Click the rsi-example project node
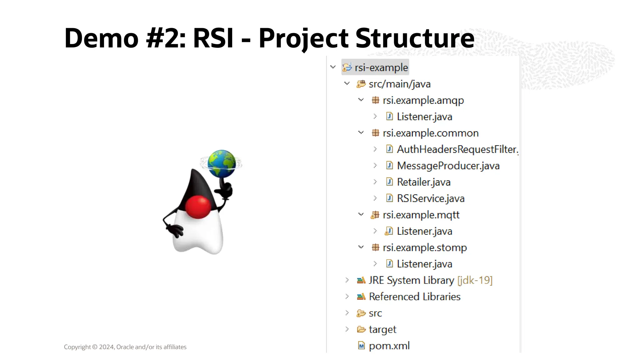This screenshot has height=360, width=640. click(x=381, y=67)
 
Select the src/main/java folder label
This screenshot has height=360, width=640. click(x=399, y=84)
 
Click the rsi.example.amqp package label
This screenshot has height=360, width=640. click(x=423, y=100)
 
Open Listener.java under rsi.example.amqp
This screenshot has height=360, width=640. click(x=424, y=117)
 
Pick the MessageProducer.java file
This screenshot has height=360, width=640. click(x=448, y=166)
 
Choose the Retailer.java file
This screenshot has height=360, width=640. click(x=423, y=182)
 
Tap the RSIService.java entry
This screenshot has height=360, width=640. click(x=430, y=199)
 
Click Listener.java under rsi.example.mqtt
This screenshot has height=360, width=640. click(x=424, y=231)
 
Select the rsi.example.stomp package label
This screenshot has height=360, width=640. click(x=424, y=248)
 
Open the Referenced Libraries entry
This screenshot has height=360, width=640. click(x=414, y=297)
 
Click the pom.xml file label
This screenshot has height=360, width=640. click(x=389, y=346)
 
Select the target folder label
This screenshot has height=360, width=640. click(x=382, y=329)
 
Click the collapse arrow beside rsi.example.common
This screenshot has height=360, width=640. click(x=361, y=133)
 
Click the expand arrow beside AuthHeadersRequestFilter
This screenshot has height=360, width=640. click(x=375, y=149)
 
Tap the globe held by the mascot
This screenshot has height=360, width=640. click(x=222, y=163)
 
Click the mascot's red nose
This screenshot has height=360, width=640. click(x=198, y=207)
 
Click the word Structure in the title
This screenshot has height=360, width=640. click(x=415, y=38)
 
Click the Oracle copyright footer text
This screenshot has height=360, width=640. click(x=125, y=347)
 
